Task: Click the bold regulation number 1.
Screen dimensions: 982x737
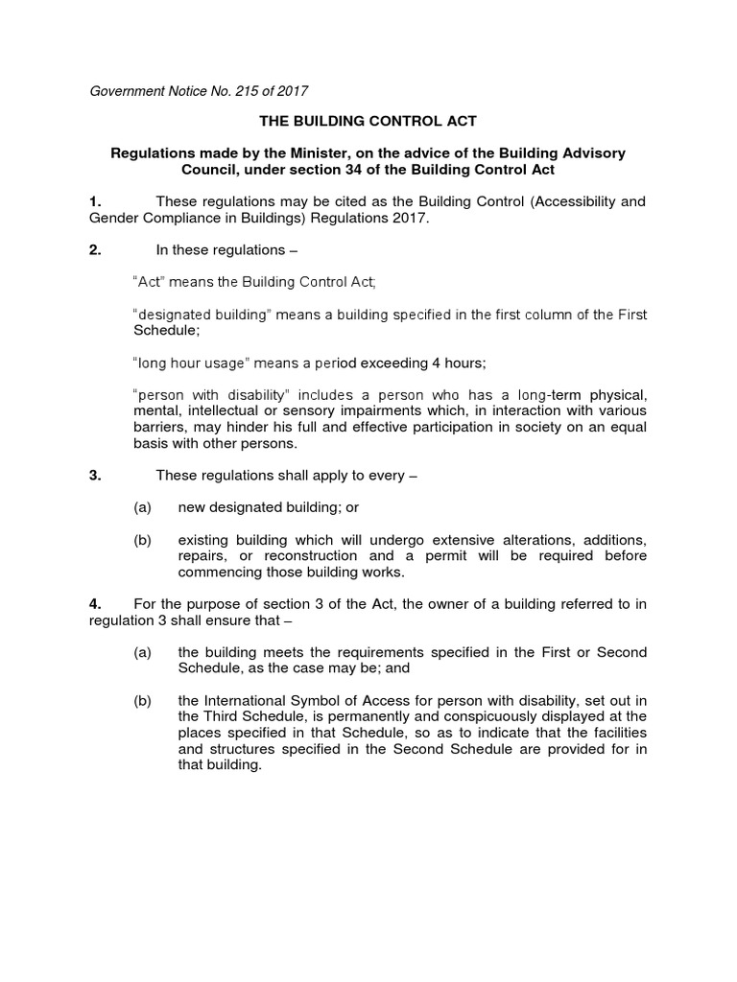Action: click(x=94, y=201)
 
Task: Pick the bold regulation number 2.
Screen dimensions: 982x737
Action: click(x=94, y=250)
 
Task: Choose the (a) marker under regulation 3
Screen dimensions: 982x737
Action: click(x=143, y=507)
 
